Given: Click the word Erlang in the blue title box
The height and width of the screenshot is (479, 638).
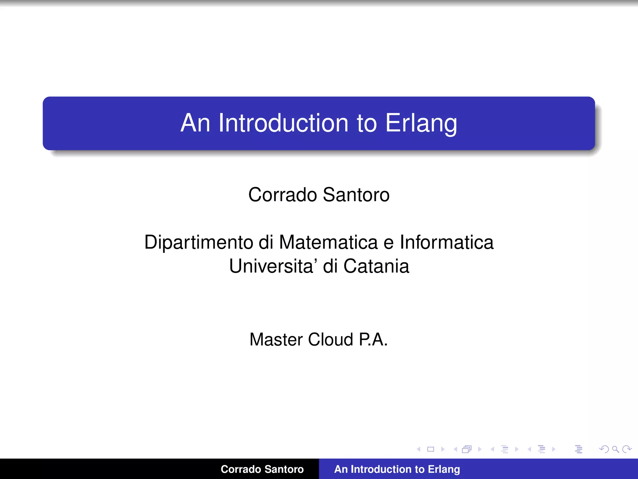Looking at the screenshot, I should [421, 123].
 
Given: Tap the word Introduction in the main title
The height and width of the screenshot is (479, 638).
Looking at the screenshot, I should [283, 123].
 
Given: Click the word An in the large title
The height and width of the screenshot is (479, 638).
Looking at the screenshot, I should [195, 123].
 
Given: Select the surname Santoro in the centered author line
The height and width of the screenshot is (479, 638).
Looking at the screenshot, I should [356, 195].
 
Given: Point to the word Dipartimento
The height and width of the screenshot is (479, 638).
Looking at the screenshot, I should [198, 243].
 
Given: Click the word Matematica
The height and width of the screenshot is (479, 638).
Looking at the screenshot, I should [328, 242].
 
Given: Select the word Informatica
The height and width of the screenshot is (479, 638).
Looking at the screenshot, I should [446, 242].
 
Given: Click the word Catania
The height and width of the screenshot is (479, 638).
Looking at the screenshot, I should [376, 266].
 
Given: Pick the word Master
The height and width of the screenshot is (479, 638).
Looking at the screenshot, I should [276, 339].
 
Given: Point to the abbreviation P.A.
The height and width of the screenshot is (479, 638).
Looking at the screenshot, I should [373, 339].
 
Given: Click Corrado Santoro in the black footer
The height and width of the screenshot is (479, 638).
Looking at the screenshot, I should [262, 469].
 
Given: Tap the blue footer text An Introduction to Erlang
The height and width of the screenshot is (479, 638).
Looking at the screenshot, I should [397, 469].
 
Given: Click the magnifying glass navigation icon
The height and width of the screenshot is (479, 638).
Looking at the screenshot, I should [615, 449].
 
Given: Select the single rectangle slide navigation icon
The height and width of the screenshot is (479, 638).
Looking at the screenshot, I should [431, 449].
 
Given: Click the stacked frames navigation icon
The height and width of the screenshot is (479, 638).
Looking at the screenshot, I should [467, 449].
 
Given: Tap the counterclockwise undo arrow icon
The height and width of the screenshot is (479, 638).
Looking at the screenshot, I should [604, 449].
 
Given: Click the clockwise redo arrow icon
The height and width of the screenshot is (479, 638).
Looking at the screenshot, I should [627, 449].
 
